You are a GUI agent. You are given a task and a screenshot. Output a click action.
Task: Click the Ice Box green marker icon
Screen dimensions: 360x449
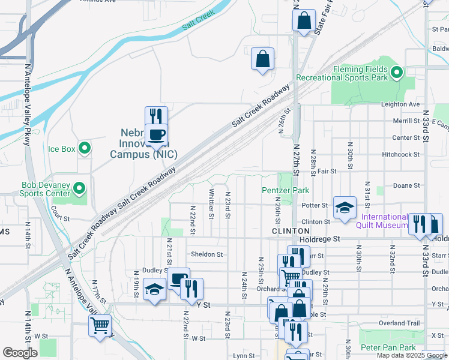85,148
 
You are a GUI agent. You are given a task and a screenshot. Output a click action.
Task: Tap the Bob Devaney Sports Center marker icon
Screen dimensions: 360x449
79,190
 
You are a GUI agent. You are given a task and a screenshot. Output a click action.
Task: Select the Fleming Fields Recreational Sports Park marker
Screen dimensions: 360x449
396,73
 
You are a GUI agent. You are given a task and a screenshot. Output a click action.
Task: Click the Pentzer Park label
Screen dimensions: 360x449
286,190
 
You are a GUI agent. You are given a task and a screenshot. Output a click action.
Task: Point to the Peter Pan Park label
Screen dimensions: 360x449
388,347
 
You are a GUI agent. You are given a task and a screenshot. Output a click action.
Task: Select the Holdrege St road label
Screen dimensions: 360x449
320,238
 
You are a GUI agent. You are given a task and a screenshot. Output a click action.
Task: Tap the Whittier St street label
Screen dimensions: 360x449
211,205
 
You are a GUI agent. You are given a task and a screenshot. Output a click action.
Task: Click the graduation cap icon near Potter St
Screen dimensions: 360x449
345,207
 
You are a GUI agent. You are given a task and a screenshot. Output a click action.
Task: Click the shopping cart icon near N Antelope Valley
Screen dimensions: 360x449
100,326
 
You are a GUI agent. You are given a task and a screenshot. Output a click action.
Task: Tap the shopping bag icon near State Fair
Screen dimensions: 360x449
304,20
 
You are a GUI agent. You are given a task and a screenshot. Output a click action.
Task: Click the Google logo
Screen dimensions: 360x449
20,353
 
